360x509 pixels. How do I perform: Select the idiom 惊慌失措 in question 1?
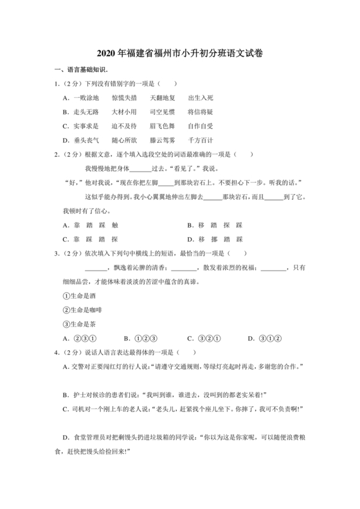click(124, 98)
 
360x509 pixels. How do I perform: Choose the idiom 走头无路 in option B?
click(87, 112)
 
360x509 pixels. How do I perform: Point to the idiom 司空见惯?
click(163, 112)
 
